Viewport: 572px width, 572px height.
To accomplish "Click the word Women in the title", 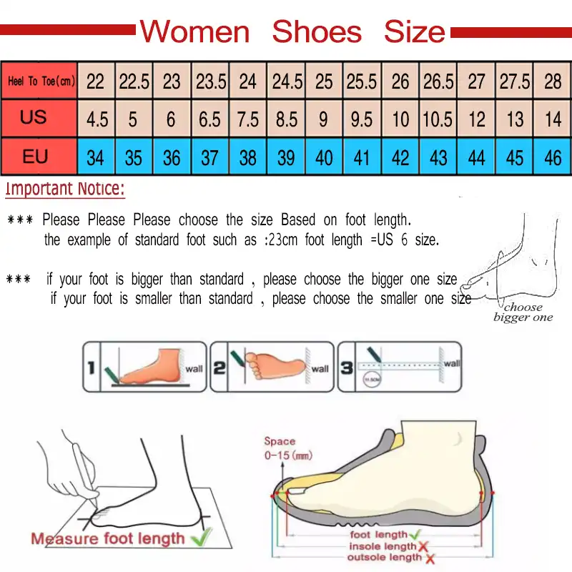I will point(194,32).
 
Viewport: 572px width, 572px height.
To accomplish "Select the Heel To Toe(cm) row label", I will point(41,82).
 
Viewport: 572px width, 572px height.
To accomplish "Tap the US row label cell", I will point(34,117).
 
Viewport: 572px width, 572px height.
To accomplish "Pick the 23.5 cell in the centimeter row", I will point(210,82).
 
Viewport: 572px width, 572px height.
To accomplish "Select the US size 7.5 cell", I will point(247,119).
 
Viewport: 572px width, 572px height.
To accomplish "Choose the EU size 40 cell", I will point(324,157).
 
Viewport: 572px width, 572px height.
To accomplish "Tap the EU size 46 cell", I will point(553,157).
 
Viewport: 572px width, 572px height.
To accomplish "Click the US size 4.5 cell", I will point(97,119).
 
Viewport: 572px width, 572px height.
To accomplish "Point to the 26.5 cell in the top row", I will point(438,82).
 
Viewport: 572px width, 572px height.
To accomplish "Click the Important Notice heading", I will point(65,190).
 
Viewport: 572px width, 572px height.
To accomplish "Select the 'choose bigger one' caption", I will point(523,312).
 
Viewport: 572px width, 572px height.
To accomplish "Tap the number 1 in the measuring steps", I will point(91,368).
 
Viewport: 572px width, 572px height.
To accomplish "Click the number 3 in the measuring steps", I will point(346,368).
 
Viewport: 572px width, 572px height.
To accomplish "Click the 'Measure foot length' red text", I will point(107,538).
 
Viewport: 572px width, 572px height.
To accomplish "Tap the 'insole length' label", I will point(383,546).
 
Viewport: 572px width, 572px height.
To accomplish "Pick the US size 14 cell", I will point(553,119).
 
